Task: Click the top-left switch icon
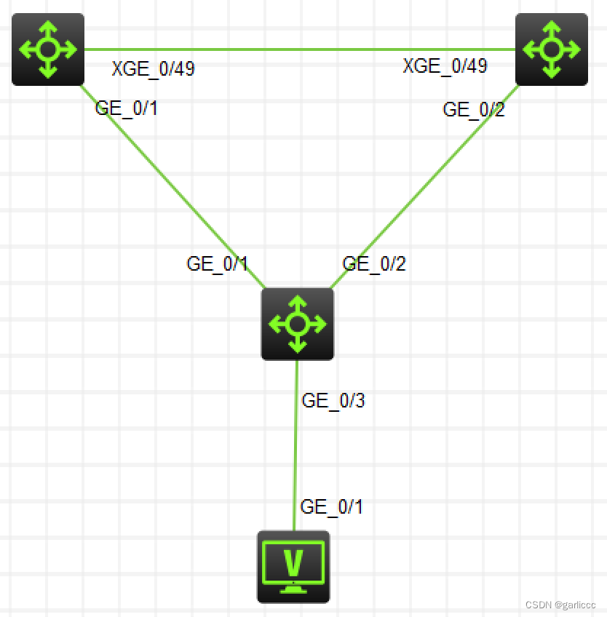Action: (48, 49)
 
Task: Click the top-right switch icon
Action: (551, 49)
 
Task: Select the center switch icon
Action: (297, 324)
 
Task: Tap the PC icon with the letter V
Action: (293, 566)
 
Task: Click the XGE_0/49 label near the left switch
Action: (153, 69)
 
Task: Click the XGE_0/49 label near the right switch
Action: (445, 66)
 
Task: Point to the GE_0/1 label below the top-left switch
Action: (126, 108)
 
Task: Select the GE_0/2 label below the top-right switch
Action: (474, 110)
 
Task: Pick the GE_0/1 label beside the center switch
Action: (218, 263)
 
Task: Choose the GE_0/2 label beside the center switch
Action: (374, 263)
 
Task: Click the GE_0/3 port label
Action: (333, 400)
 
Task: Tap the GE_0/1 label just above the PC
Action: (331, 506)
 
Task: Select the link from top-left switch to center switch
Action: (171, 186)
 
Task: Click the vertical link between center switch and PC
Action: (295, 451)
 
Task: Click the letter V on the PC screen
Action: (293, 561)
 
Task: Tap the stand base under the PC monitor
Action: (293, 588)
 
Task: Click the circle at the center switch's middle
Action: (297, 324)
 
